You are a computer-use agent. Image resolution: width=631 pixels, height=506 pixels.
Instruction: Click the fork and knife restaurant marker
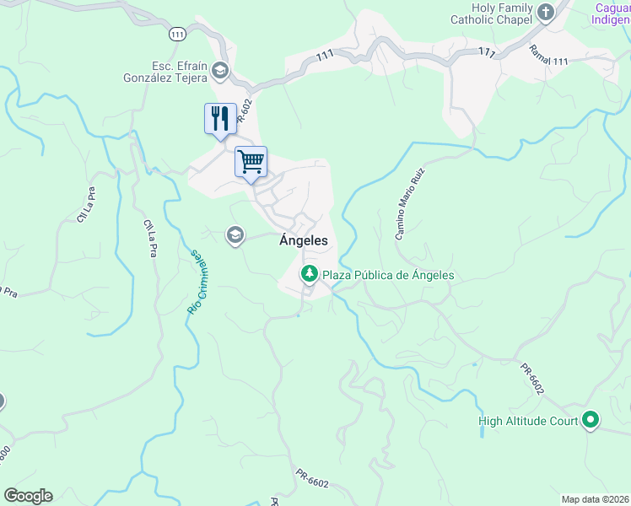220,118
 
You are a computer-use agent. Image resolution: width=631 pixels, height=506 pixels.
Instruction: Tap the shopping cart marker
251,162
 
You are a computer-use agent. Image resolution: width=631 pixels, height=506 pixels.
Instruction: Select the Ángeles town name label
303,240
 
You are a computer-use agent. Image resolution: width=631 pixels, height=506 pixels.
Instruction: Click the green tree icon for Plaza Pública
310,274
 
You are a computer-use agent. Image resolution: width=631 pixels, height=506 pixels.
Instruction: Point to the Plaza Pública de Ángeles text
388,275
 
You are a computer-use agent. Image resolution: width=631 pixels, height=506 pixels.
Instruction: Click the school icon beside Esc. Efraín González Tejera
220,70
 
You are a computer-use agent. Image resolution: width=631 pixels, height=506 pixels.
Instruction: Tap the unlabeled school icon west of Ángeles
235,235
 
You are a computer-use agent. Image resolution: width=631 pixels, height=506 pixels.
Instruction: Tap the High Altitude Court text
527,421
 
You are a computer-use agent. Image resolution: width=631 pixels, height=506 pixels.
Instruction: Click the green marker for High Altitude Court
591,420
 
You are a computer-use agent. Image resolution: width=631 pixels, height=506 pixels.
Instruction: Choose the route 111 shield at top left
176,34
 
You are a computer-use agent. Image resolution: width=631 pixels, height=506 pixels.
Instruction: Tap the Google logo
28,496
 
